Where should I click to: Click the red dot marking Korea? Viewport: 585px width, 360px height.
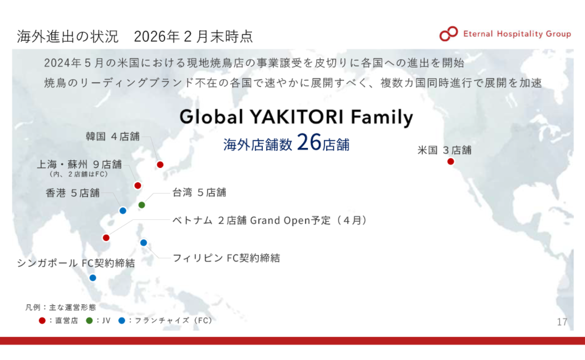(160, 165)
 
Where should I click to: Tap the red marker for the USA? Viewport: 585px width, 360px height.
(450, 162)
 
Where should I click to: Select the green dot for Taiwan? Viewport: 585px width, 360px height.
(142, 205)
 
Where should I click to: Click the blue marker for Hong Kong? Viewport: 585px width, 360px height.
(123, 210)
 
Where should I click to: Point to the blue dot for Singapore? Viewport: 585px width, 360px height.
(93, 278)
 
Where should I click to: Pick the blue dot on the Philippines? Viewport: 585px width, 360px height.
(144, 243)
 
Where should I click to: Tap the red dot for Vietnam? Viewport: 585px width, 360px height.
(106, 238)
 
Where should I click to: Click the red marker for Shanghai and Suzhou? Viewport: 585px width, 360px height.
(138, 185)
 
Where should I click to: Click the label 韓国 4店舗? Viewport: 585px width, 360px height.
(113, 136)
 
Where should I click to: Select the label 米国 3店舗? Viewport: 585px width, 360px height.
(444, 150)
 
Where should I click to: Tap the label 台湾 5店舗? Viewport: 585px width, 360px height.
(199, 193)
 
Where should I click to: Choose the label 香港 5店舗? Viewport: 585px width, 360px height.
(72, 193)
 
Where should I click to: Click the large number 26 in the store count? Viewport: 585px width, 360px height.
(309, 142)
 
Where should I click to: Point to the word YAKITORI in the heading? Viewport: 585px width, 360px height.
(297, 117)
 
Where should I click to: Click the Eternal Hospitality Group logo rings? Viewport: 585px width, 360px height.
(449, 34)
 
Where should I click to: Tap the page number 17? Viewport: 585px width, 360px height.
(562, 322)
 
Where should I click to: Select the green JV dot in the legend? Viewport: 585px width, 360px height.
(89, 320)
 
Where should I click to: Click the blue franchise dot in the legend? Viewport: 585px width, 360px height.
(121, 320)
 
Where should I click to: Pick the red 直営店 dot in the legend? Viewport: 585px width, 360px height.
(42, 320)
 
